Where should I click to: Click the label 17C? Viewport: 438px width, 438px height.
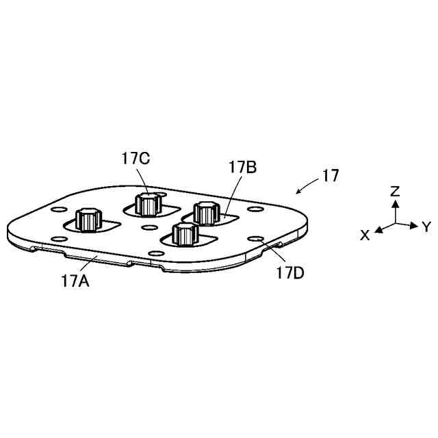(x=136, y=159)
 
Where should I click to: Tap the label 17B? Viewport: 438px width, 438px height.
(x=242, y=166)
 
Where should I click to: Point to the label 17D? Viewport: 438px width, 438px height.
(x=290, y=273)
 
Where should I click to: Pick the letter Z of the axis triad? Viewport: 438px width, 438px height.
(x=394, y=191)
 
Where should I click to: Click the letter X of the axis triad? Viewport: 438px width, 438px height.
(x=365, y=235)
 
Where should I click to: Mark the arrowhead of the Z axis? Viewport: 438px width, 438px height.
(x=394, y=203)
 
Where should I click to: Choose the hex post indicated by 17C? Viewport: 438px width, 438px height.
(x=148, y=203)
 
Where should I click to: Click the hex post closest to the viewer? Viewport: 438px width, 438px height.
(x=183, y=233)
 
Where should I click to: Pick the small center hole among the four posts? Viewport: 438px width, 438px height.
(x=149, y=227)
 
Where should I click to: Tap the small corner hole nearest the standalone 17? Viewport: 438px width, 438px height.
(x=255, y=209)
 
